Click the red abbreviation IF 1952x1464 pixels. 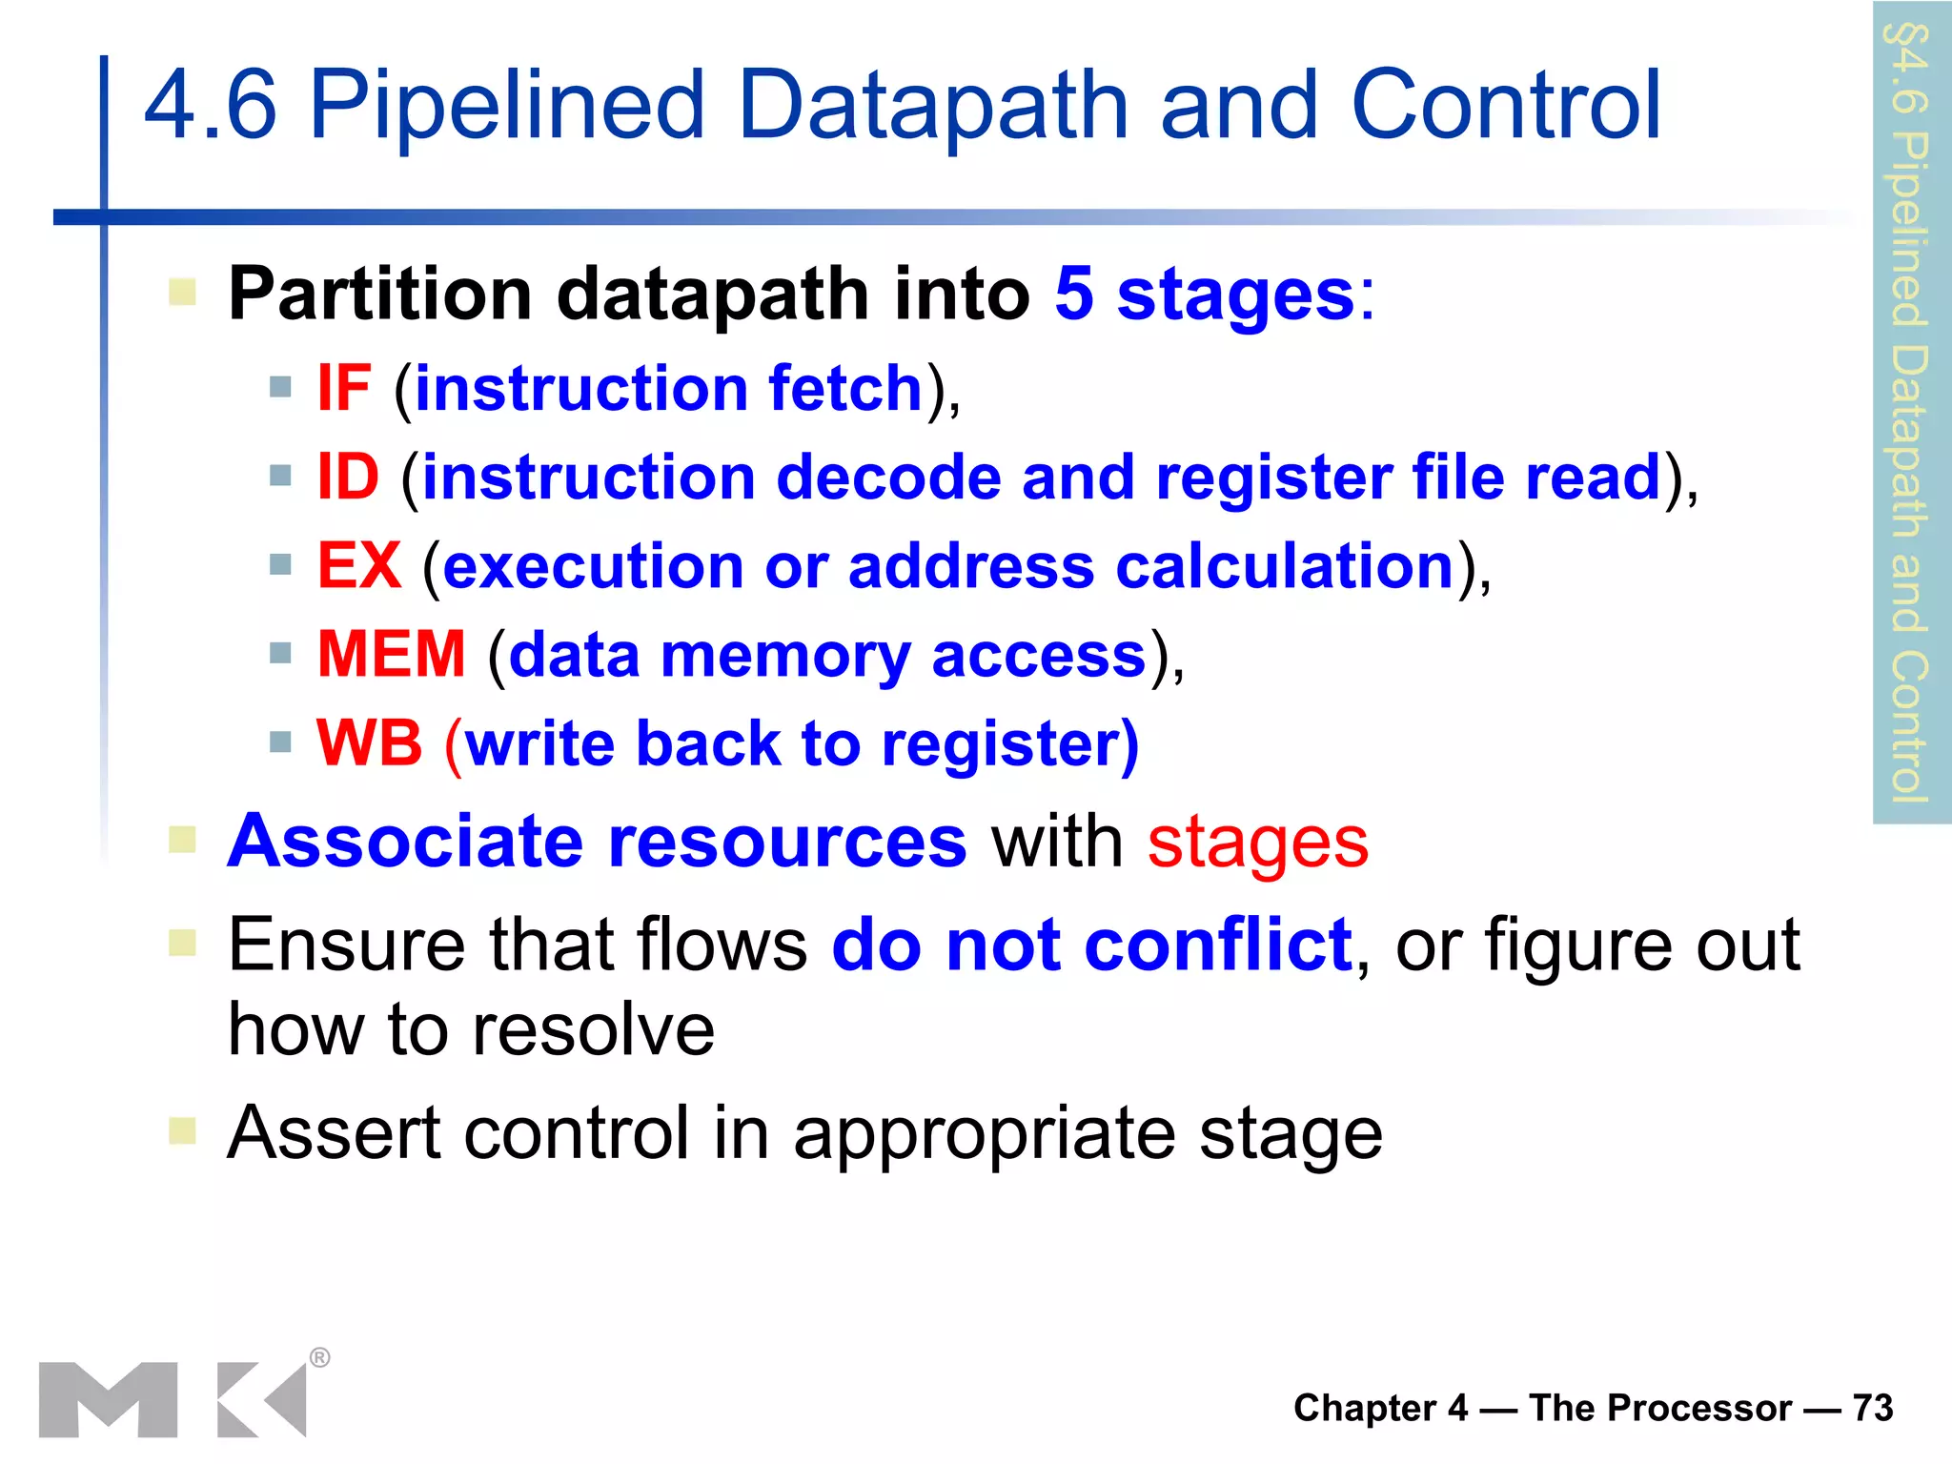(343, 389)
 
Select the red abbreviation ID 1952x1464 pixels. (348, 477)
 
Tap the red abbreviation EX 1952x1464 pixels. (359, 566)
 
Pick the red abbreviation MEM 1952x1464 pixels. (391, 655)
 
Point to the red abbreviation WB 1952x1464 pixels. (369, 743)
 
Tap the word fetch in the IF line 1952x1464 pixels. (845, 389)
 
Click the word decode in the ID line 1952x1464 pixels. (888, 477)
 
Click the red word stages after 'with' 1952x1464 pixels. (1258, 843)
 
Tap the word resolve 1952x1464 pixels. (593, 1030)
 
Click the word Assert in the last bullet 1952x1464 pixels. (334, 1132)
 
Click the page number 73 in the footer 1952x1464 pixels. (1873, 1408)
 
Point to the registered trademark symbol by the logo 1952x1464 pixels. (320, 1357)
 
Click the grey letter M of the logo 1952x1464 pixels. (108, 1399)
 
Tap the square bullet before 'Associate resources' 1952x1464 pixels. (182, 840)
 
